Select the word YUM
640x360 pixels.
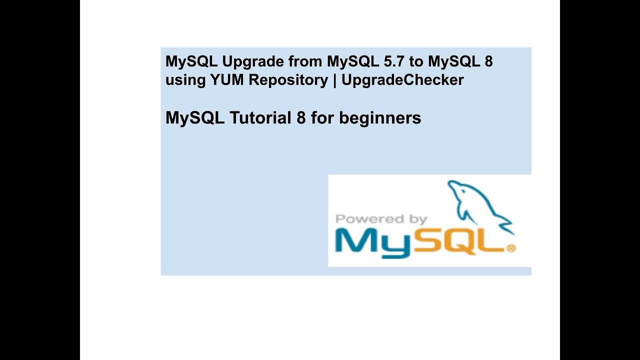[x=228, y=80]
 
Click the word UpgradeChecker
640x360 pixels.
[x=402, y=80]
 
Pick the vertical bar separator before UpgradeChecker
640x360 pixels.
[x=334, y=80]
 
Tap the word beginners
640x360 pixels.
[x=380, y=118]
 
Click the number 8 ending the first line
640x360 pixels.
[x=488, y=62]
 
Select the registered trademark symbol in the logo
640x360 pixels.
[x=511, y=247]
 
